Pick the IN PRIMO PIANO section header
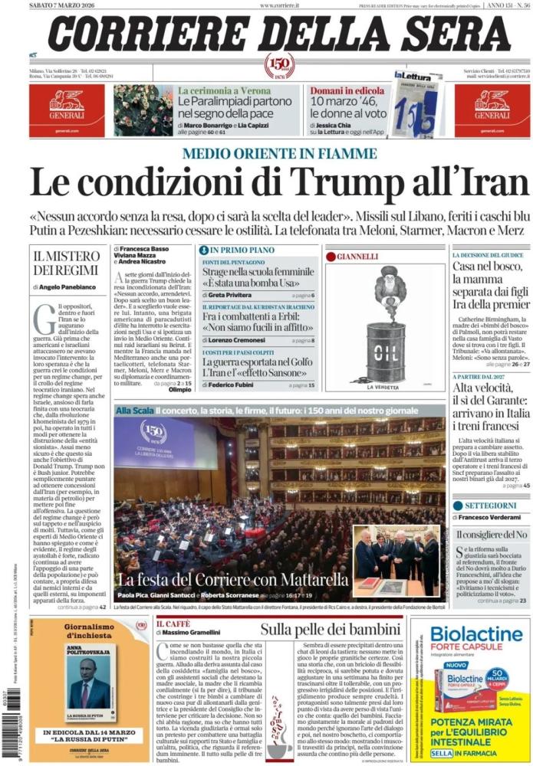coord(241,250)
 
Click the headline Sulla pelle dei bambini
coord(330,630)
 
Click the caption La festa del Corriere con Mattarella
coord(233,578)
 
